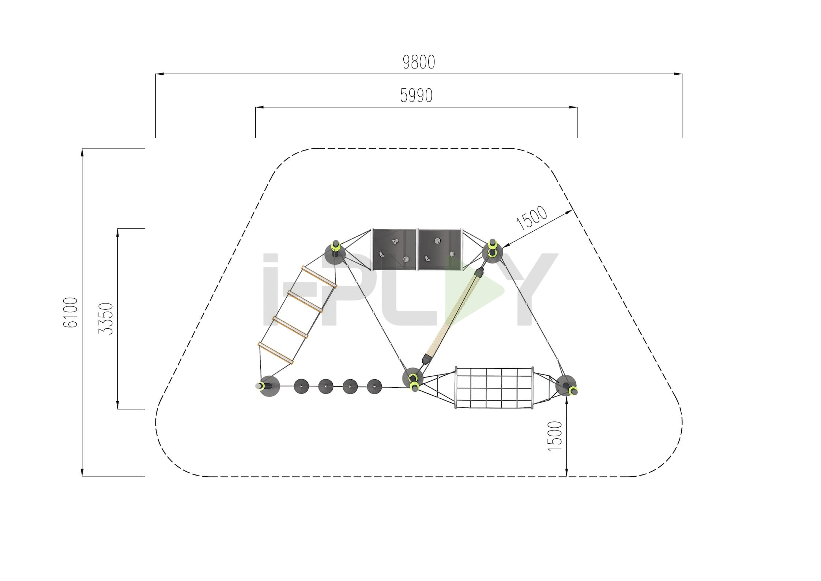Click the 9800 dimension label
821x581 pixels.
[x=419, y=62]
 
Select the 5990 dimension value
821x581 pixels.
[x=416, y=96]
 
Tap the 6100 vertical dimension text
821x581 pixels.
[x=71, y=312]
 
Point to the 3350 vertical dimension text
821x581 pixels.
[x=106, y=319]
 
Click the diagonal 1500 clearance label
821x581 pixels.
[x=532, y=218]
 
